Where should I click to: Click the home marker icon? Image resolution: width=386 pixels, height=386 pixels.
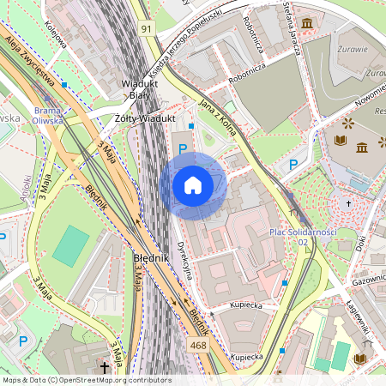[193, 185]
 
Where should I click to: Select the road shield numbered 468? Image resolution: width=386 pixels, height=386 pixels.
[199, 345]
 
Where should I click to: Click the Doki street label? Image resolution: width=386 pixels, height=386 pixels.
[359, 244]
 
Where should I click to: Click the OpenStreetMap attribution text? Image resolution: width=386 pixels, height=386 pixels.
[86, 380]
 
